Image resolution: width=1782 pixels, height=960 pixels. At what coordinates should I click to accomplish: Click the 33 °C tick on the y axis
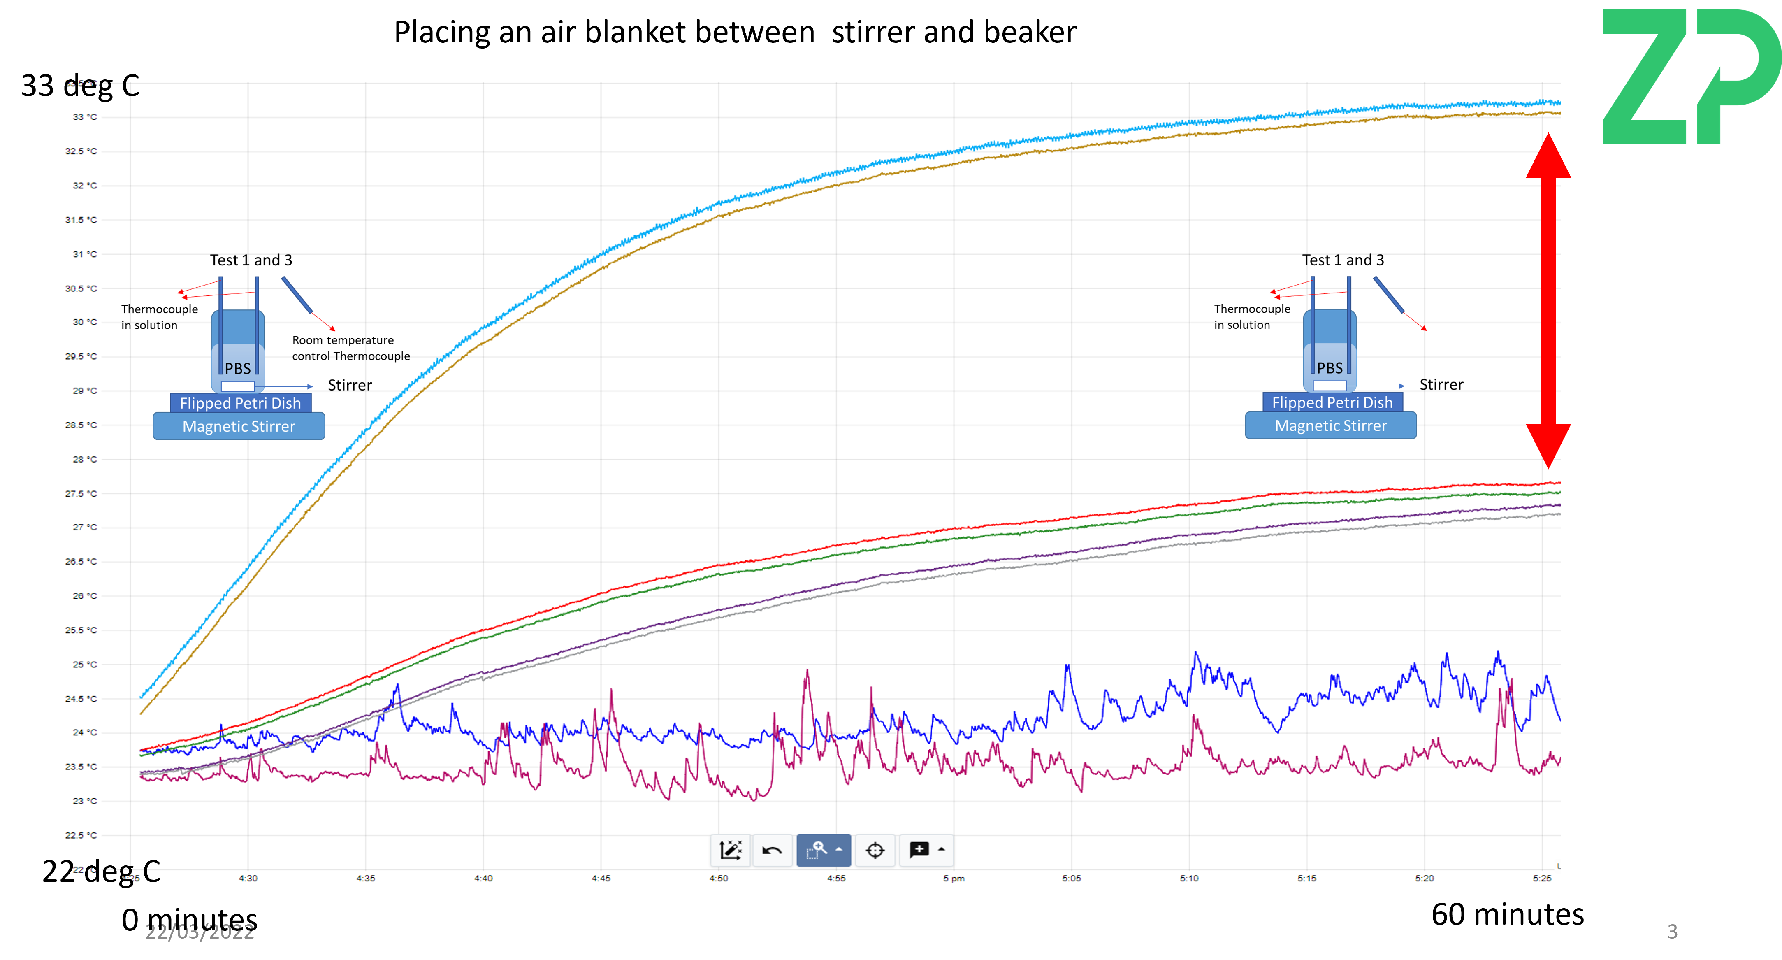click(85, 117)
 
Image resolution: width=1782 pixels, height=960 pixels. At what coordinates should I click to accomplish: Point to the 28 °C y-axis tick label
click(85, 459)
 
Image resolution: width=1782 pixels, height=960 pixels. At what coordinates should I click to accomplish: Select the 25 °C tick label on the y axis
click(85, 665)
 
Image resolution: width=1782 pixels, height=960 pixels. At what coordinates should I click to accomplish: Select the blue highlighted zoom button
click(823, 850)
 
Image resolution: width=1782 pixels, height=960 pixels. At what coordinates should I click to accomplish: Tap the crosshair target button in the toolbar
click(875, 850)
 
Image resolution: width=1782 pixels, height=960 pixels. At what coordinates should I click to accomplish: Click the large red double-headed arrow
click(1548, 301)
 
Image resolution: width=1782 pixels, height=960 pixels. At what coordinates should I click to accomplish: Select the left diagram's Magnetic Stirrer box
click(239, 426)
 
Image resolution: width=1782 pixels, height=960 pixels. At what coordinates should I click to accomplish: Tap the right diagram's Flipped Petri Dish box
click(1332, 402)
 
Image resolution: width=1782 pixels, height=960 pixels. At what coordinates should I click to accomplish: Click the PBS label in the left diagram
click(237, 368)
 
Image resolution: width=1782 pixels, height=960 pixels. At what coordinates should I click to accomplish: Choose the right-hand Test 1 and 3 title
click(1343, 260)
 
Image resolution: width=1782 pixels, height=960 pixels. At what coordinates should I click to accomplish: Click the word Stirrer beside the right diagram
click(1441, 385)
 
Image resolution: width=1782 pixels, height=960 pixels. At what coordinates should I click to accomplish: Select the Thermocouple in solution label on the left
click(159, 317)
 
